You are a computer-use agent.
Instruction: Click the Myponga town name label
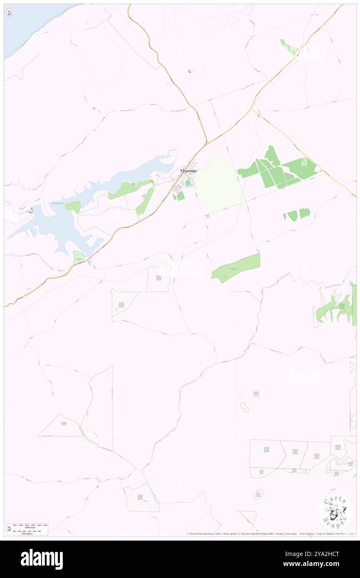click(x=188, y=170)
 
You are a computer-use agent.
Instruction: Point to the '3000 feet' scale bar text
click(x=28, y=527)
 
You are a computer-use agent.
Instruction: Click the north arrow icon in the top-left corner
click(x=9, y=13)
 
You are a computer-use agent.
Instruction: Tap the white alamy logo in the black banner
click(x=42, y=559)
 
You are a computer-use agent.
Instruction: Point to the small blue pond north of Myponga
click(x=190, y=71)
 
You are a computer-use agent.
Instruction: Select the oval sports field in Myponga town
click(x=188, y=183)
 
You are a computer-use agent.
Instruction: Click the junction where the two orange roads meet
click(x=207, y=143)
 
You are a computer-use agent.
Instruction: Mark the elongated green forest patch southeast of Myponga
click(x=236, y=268)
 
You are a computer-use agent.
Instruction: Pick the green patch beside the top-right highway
click(x=287, y=47)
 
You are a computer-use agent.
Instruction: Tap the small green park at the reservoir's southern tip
click(x=78, y=258)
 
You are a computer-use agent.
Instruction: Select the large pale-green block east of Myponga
click(x=218, y=183)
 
